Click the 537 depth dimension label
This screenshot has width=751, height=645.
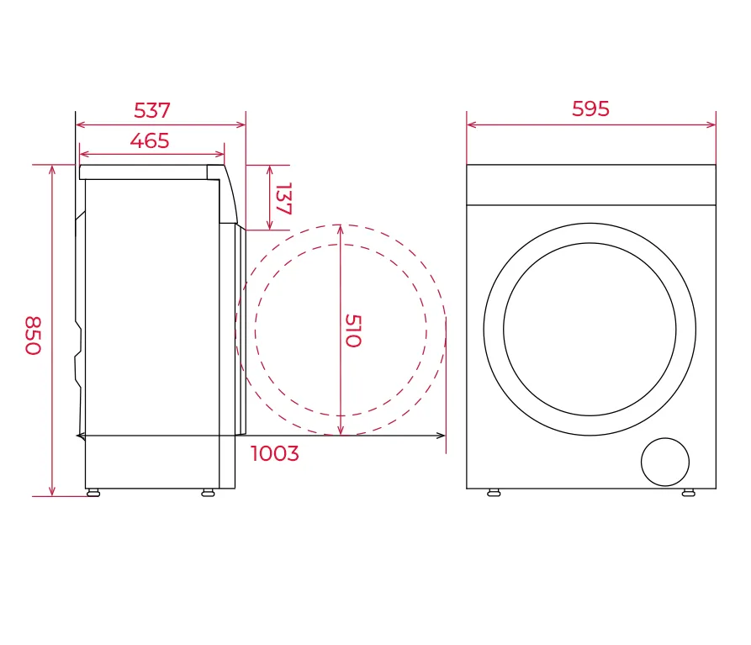click(152, 111)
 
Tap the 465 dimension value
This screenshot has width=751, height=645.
click(150, 140)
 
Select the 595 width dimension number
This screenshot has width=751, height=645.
click(590, 109)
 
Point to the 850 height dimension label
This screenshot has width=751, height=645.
click(33, 336)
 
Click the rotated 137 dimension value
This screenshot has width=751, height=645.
click(283, 198)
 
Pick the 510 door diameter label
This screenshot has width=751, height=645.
click(353, 330)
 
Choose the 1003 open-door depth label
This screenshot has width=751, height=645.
click(275, 453)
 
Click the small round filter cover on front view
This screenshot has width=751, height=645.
click(664, 462)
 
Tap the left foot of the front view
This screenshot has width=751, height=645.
click(494, 492)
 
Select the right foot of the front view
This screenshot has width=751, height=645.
click(688, 492)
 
